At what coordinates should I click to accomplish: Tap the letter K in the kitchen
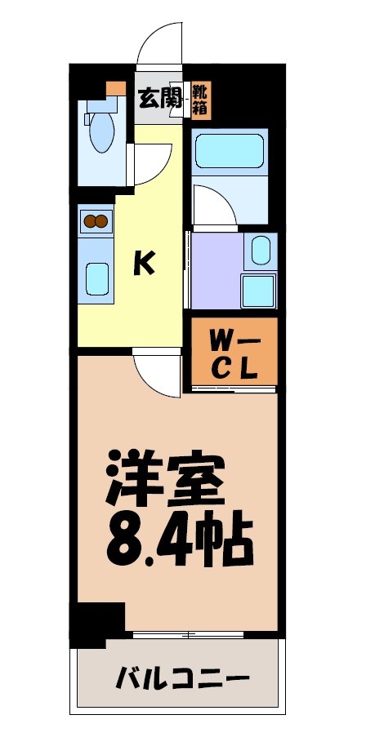[145, 262]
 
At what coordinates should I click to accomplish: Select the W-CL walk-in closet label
[234, 353]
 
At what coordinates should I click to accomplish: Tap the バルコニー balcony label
[181, 677]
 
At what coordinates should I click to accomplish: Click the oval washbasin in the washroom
[261, 250]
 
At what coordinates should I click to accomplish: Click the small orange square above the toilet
[116, 87]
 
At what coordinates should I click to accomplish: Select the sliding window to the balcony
[188, 634]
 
